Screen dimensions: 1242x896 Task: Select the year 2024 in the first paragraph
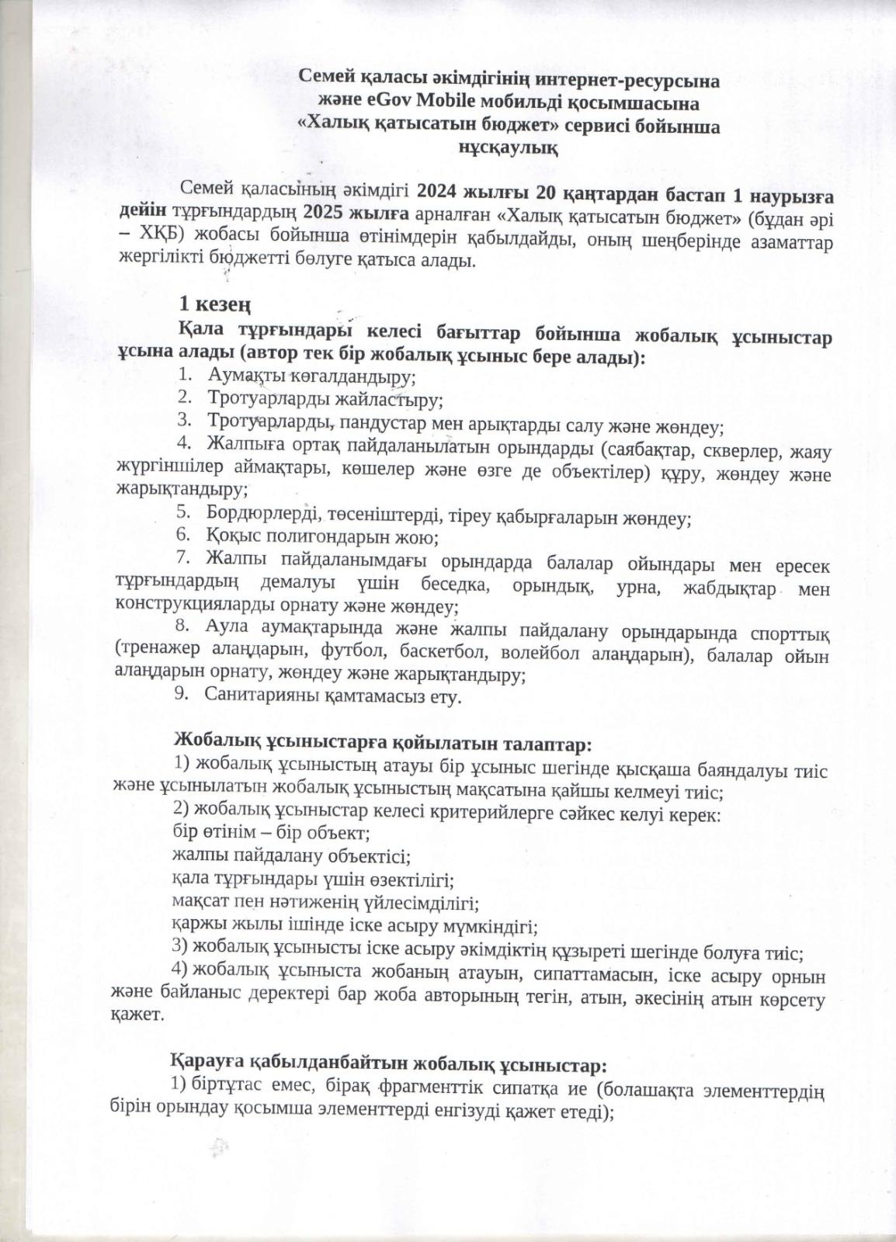pos(439,190)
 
